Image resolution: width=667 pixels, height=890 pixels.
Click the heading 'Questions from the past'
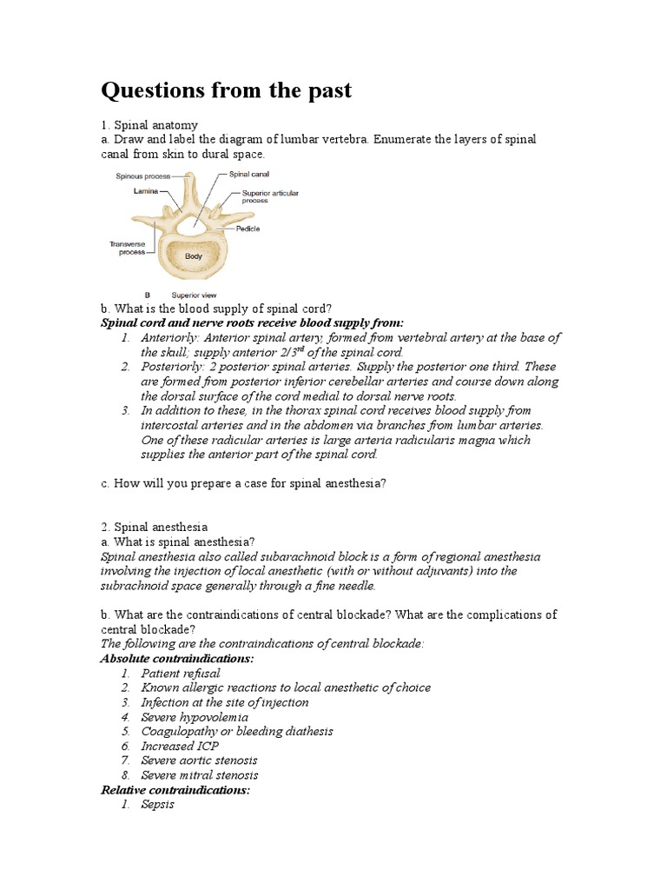click(x=227, y=90)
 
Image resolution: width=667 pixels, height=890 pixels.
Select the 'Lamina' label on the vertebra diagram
click(x=145, y=190)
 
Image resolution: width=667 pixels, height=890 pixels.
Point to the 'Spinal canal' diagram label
click(x=248, y=175)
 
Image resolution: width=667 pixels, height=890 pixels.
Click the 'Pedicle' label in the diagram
click(x=248, y=229)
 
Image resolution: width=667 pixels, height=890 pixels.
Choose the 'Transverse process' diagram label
click(x=126, y=249)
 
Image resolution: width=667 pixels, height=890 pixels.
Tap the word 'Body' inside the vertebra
click(x=193, y=257)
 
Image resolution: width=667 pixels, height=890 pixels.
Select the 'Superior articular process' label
click(x=265, y=196)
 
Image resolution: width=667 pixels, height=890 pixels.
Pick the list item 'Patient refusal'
click(x=181, y=673)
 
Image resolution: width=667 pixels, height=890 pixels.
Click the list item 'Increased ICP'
click(x=180, y=746)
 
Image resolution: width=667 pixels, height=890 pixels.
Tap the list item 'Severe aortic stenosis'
click(x=200, y=760)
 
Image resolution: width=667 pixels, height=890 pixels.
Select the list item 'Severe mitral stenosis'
click(x=200, y=775)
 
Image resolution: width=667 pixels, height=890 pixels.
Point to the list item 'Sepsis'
click(x=157, y=804)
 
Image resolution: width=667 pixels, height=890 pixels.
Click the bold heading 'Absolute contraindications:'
click(x=177, y=658)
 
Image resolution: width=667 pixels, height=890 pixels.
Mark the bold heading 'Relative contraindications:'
click(x=175, y=789)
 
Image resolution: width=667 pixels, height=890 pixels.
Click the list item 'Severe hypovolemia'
click(x=195, y=717)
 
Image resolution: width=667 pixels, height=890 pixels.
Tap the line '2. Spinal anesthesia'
click(x=155, y=527)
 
